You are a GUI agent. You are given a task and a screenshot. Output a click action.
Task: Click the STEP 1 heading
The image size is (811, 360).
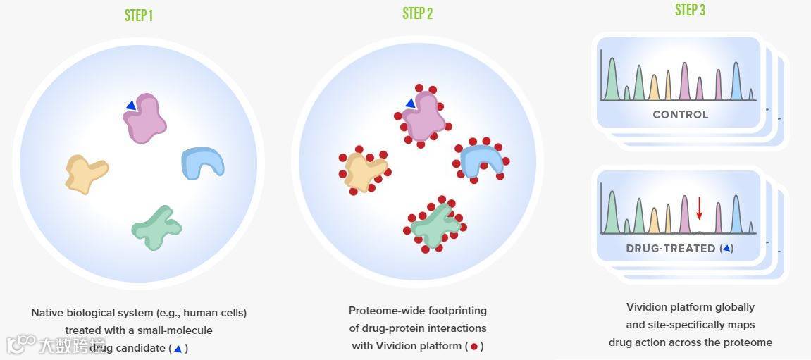pos(138,15)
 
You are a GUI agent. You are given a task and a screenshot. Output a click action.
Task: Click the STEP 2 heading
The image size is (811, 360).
pos(417,13)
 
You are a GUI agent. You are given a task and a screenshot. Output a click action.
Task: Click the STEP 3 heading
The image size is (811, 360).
pos(690,10)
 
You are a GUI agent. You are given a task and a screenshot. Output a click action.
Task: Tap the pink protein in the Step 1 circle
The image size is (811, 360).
pos(147,118)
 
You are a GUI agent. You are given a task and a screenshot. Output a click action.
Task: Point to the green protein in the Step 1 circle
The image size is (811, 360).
pos(156,227)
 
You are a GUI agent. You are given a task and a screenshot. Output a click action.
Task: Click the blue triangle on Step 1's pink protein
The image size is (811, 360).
pos(130,106)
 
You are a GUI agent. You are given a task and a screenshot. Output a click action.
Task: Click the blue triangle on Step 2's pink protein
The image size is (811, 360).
pos(410,104)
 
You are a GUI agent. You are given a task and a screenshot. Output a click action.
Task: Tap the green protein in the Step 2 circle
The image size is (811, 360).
pos(434,224)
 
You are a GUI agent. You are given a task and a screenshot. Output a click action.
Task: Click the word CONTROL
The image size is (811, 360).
pos(680,114)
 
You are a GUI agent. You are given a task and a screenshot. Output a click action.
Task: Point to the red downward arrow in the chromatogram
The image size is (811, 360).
pos(699,208)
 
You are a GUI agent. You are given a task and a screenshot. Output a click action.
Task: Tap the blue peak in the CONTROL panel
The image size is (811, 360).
pos(736,82)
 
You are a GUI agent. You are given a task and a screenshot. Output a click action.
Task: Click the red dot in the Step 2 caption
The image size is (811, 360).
pos(474,346)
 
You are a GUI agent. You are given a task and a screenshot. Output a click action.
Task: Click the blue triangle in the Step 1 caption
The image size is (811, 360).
pos(178,348)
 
